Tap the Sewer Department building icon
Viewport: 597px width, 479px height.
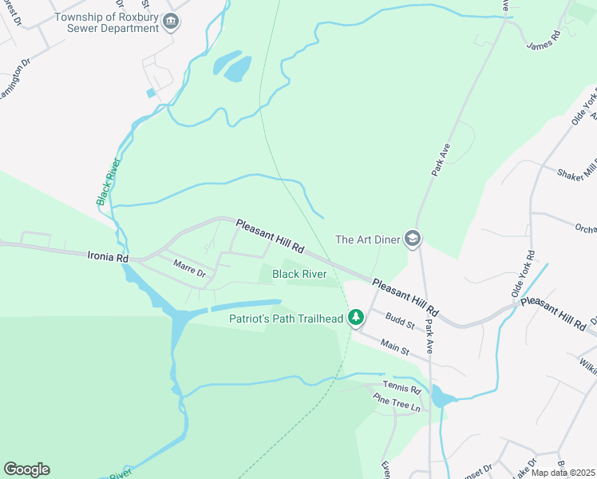coord(169,22)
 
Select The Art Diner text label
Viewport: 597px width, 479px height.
coord(366,239)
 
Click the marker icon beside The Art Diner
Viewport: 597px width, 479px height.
coord(412,239)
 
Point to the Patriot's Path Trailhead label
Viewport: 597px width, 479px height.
coord(286,319)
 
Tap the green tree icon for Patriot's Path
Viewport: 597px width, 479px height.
coord(356,318)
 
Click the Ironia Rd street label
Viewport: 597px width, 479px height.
coord(107,258)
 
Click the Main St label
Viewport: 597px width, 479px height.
coord(394,346)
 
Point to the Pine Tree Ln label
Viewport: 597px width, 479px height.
coord(397,405)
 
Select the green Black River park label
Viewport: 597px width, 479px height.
coord(299,274)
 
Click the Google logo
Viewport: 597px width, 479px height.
coord(26,469)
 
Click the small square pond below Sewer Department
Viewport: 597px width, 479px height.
coord(150,93)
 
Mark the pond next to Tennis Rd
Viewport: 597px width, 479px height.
coord(440,396)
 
